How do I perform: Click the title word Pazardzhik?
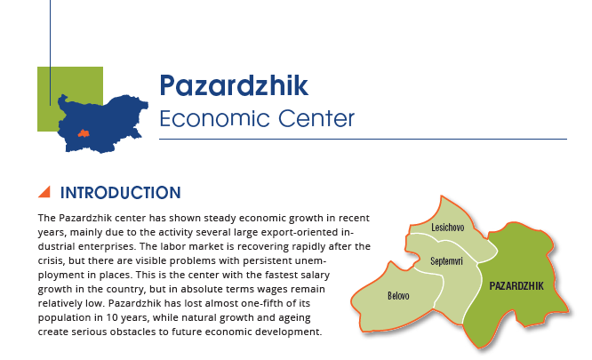coord(234,85)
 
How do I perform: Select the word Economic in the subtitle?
coord(215,118)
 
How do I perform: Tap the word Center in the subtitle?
coord(316,118)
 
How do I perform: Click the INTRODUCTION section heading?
coord(120,193)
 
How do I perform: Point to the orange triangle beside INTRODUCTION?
coord(45,192)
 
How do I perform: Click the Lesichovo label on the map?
coord(448,228)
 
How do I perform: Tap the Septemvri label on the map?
coord(446,260)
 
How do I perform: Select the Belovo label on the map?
coord(398,295)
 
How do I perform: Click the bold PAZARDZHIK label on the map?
coord(516,286)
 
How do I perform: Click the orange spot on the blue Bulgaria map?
coord(84,133)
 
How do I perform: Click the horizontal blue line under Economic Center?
coord(364,140)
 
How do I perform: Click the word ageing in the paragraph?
coord(294,318)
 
